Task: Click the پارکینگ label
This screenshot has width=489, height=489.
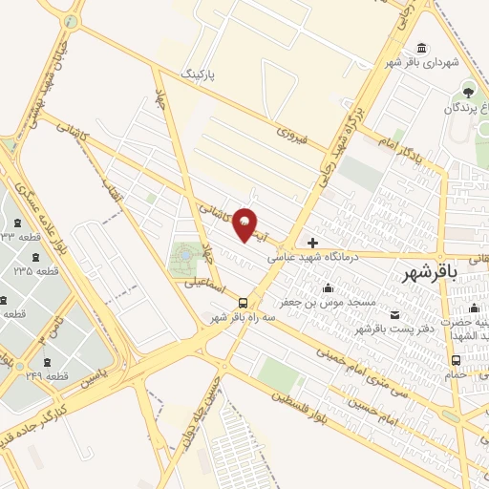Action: click(201, 71)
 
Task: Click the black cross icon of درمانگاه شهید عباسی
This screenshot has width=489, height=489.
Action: click(312, 243)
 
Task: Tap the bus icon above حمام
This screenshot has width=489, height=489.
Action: click(457, 361)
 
